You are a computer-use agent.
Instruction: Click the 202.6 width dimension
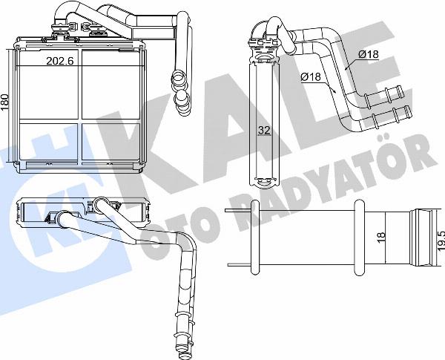click(60, 61)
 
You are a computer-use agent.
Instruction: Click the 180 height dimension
click(5, 102)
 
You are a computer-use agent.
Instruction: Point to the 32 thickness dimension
click(264, 130)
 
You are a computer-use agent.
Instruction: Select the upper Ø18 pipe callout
click(369, 54)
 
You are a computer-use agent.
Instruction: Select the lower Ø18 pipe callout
click(311, 76)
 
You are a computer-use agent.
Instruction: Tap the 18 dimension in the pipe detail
click(381, 235)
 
